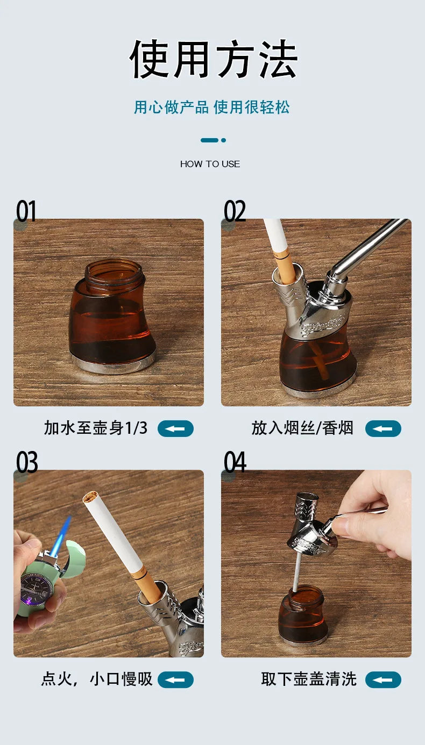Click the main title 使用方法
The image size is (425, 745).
tap(213, 60)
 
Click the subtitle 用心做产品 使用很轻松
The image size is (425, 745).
tap(211, 107)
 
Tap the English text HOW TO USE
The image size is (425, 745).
tap(210, 164)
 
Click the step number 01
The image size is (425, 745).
tap(26, 211)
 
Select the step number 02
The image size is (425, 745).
tap(235, 211)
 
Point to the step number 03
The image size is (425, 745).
tap(26, 462)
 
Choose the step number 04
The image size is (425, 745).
tap(235, 462)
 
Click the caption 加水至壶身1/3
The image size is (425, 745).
tap(95, 428)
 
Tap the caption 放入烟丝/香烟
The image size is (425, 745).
tap(302, 428)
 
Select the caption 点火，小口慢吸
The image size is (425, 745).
tap(97, 679)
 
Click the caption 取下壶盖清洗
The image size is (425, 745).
tap(309, 679)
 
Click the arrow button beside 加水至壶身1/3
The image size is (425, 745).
tap(175, 429)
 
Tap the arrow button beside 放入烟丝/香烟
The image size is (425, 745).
tap(383, 429)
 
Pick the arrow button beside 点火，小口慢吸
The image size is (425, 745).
tap(175, 680)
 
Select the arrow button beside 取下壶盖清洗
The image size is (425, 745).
tap(383, 680)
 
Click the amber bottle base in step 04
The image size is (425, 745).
tap(302, 618)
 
